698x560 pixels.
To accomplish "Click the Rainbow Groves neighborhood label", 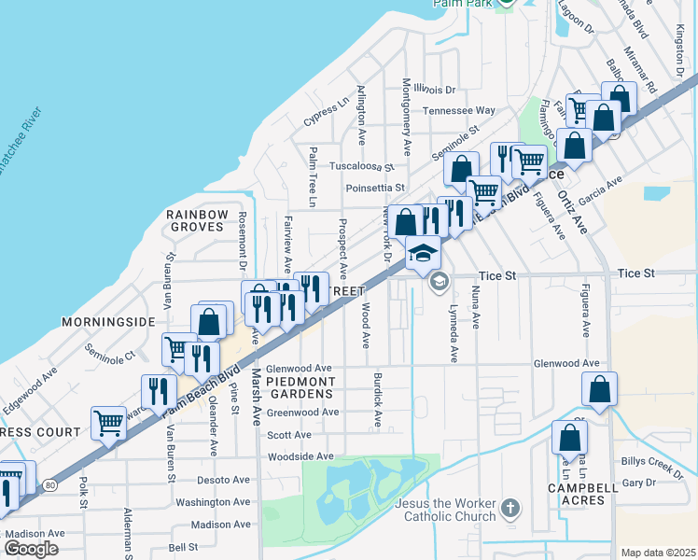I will [x=197, y=221].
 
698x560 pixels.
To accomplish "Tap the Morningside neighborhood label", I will [x=107, y=321].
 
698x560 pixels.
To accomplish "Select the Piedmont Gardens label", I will [x=300, y=388].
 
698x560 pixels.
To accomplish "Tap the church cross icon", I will [x=510, y=509].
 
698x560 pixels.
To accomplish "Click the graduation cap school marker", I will [x=423, y=252].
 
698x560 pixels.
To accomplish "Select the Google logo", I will [x=31, y=549].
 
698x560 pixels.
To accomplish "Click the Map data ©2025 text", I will [x=657, y=553].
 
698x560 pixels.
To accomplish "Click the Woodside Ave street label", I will [x=300, y=456].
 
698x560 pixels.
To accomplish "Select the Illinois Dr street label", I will [x=435, y=90].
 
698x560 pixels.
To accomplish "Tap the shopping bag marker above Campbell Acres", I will [x=568, y=436].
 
